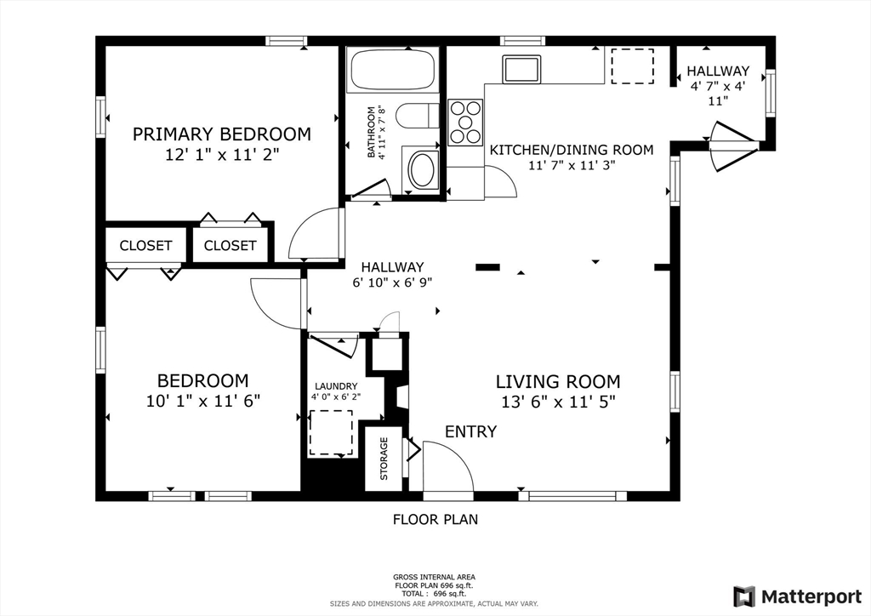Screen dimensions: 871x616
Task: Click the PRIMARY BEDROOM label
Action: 222,134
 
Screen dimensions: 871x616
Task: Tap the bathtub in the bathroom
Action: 393,70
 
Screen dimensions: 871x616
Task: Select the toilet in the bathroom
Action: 418,116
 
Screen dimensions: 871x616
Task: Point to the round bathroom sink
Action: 424,169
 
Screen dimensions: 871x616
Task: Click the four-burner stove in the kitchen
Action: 465,123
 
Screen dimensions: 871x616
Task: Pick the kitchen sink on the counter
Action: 521,70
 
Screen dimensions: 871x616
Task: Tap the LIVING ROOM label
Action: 558,382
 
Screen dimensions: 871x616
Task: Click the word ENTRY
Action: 471,431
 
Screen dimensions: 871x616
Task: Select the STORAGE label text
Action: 384,459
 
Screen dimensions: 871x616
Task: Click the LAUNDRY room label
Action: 336,386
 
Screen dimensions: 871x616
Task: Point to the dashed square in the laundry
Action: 331,433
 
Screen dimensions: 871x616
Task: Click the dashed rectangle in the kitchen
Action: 632,66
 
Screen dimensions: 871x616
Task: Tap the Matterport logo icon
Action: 744,596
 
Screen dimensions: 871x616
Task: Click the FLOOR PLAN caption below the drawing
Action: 435,519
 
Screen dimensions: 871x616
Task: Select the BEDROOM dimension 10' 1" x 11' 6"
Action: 203,401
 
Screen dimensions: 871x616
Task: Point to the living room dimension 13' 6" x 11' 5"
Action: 558,401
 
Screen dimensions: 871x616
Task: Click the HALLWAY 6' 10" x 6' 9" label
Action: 392,275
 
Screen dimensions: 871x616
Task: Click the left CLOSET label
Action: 145,246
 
